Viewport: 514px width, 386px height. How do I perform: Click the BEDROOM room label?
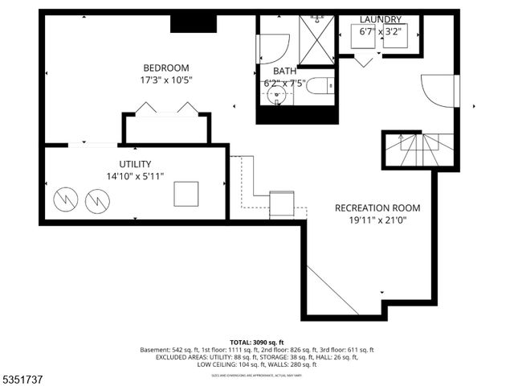(165, 68)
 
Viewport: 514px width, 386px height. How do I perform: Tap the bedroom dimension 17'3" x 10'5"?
(165, 80)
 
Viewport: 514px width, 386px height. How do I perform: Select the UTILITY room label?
(135, 164)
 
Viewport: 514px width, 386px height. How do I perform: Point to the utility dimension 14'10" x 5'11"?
(135, 176)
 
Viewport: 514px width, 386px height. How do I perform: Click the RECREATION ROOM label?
(377, 208)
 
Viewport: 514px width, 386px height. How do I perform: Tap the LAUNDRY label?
(381, 19)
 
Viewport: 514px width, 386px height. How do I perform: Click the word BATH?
(284, 71)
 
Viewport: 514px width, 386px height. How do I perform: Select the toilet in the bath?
(321, 87)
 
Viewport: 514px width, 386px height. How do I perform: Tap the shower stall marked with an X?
(316, 39)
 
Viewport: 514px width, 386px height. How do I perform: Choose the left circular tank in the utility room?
(65, 199)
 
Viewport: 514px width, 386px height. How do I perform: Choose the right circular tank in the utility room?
(96, 199)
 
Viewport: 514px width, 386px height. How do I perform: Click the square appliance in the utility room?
(186, 194)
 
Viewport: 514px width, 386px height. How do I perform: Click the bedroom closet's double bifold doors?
(166, 109)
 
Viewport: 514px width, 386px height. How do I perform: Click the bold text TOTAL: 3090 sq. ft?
(257, 342)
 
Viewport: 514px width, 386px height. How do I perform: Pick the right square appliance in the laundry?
(395, 37)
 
